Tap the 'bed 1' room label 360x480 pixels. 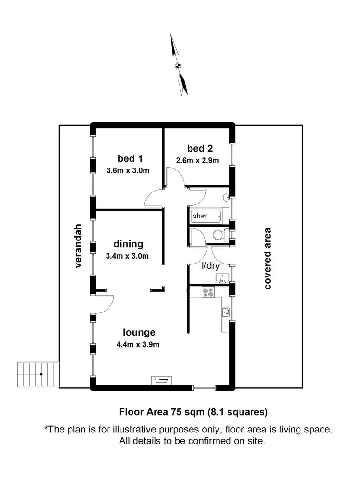(x=130, y=158)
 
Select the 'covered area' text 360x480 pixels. (x=267, y=258)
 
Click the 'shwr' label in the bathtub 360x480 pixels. (x=201, y=216)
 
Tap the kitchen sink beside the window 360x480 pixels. (x=226, y=313)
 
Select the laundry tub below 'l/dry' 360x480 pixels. (x=222, y=277)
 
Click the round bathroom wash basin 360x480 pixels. (x=226, y=197)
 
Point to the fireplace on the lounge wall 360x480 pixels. (x=159, y=380)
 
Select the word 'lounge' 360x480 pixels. (x=139, y=332)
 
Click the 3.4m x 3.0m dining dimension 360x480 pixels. (x=127, y=256)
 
